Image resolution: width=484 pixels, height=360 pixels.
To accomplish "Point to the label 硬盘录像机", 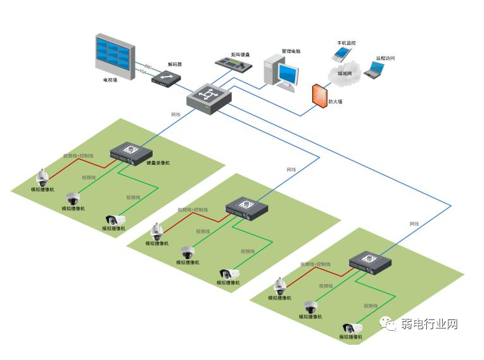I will (158, 163).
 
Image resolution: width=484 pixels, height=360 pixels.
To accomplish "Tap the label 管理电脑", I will (291, 51).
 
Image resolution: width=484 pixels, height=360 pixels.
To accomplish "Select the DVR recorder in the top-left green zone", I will (132, 152).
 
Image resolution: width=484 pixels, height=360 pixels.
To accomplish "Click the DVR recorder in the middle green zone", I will (247, 207).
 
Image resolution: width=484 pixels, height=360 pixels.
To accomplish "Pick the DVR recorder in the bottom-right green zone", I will (370, 261).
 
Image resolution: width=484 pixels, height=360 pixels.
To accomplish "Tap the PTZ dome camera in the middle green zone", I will (157, 231).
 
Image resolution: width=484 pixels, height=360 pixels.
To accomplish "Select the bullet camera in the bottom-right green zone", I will (352, 328).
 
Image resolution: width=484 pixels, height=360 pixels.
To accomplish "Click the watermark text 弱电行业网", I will (428, 325).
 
